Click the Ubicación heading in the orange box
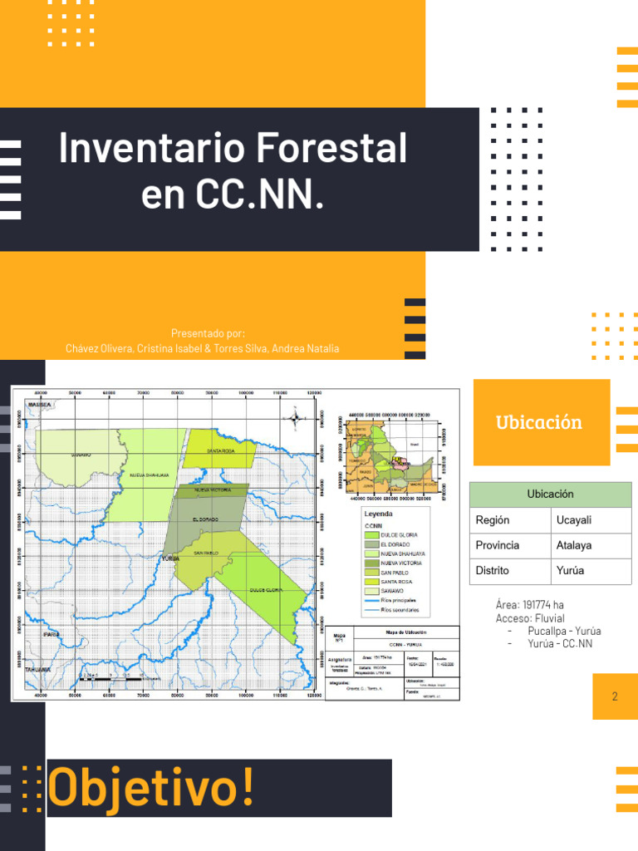(539, 421)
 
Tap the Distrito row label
(493, 571)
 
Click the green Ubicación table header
(550, 494)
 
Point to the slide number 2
(615, 696)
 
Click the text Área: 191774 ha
(530, 605)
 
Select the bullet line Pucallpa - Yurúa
(564, 631)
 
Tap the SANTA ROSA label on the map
(221, 450)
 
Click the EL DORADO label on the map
(205, 519)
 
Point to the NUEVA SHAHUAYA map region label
(150, 475)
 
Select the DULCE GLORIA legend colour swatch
(371, 535)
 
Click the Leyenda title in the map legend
(378, 515)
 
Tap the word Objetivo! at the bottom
(151, 787)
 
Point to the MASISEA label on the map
(40, 405)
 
